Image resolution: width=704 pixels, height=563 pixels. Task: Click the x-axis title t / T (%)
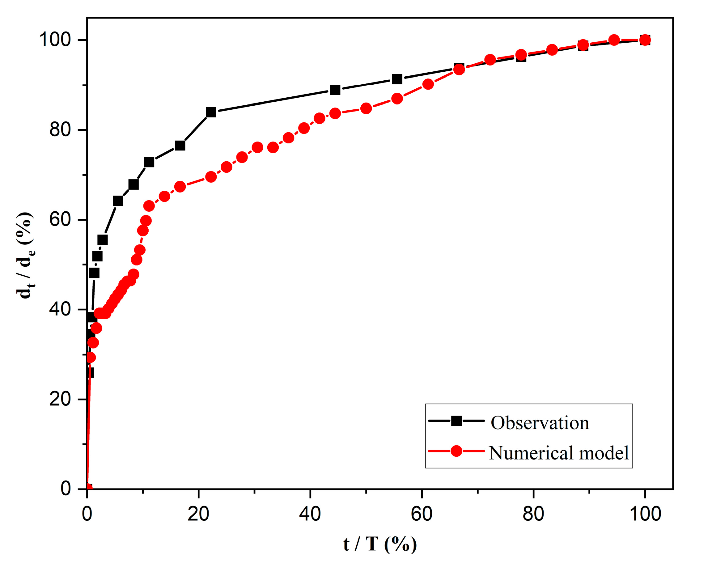pyautogui.click(x=380, y=544)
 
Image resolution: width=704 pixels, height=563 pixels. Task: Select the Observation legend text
pyautogui.click(x=540, y=423)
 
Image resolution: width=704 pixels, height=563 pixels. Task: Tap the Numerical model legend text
pyautogui.click(x=558, y=453)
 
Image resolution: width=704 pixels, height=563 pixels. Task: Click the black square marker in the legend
pyautogui.click(x=456, y=421)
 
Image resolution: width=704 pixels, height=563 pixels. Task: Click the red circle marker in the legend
pyautogui.click(x=456, y=451)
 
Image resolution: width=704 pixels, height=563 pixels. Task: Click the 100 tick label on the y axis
pyautogui.click(x=55, y=40)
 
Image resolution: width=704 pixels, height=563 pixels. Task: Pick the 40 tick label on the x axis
pyautogui.click(x=310, y=514)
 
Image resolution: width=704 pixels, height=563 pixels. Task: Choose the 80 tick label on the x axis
pyautogui.click(x=533, y=514)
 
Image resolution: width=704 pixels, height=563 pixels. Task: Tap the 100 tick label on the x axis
pyautogui.click(x=645, y=514)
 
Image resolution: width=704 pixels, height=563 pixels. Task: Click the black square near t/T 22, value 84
pyautogui.click(x=211, y=112)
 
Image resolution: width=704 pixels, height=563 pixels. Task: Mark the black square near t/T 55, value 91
pyautogui.click(x=397, y=79)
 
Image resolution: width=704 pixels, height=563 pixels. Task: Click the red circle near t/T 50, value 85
pyautogui.click(x=366, y=108)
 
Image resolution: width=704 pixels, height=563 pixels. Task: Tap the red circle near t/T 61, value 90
pyautogui.click(x=428, y=84)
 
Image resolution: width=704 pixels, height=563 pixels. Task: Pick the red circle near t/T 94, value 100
pyautogui.click(x=614, y=40)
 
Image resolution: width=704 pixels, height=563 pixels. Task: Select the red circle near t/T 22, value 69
pyautogui.click(x=211, y=177)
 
